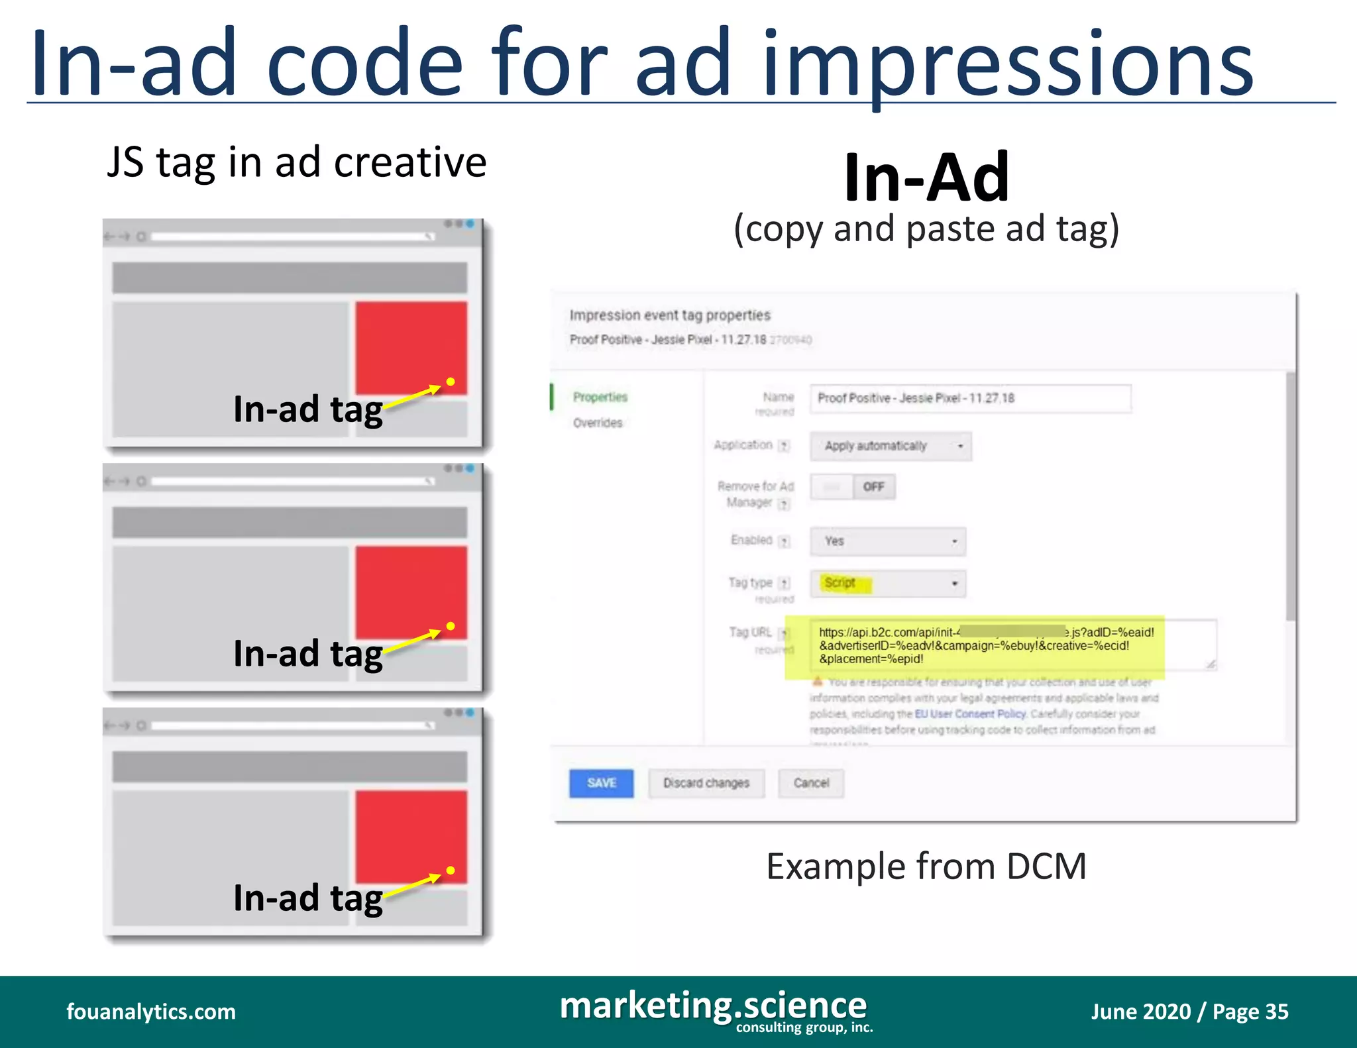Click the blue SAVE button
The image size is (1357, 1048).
601,783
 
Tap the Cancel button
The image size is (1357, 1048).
811,783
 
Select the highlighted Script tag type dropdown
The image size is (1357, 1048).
888,584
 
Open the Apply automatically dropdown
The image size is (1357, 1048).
891,446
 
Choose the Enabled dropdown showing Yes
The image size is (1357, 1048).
888,541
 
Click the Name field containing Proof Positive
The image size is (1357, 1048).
970,398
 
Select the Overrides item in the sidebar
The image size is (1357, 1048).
598,423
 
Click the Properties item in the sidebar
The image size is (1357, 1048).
600,397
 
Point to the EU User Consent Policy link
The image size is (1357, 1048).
971,713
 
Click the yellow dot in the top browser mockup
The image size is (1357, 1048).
451,382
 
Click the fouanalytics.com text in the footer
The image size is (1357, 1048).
151,1012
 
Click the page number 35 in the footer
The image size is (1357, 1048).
1276,1012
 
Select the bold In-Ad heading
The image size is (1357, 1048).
926,177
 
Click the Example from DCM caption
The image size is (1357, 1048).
926,866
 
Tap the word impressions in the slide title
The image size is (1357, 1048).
1008,66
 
